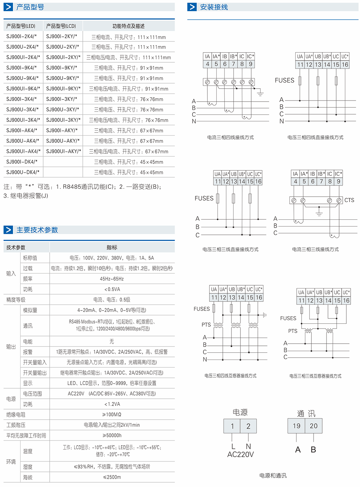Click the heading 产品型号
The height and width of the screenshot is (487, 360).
(30, 7)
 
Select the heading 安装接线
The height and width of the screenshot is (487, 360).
(214, 7)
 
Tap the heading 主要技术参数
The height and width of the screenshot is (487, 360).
(37, 230)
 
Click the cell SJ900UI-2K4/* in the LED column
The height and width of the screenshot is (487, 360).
(23, 57)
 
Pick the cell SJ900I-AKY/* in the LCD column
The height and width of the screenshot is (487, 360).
(62, 130)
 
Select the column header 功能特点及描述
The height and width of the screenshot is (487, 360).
(129, 26)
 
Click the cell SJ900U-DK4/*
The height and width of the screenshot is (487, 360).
(23, 172)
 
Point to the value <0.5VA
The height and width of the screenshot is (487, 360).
(112, 289)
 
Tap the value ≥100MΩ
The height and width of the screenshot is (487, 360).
(112, 415)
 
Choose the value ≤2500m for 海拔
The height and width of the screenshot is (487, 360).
(112, 477)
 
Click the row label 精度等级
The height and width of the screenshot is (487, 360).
(16, 300)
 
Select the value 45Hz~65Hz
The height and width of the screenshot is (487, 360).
(112, 279)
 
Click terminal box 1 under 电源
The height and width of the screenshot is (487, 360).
(232, 426)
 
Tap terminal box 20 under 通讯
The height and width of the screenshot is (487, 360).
(314, 426)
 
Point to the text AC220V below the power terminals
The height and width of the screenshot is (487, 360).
(240, 455)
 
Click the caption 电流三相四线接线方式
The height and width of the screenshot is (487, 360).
(230, 137)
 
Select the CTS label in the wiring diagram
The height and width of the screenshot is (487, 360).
(349, 200)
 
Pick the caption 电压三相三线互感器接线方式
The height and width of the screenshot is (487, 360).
(315, 376)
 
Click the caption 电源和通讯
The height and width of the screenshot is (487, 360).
(273, 475)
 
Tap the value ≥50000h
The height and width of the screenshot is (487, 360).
(112, 435)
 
